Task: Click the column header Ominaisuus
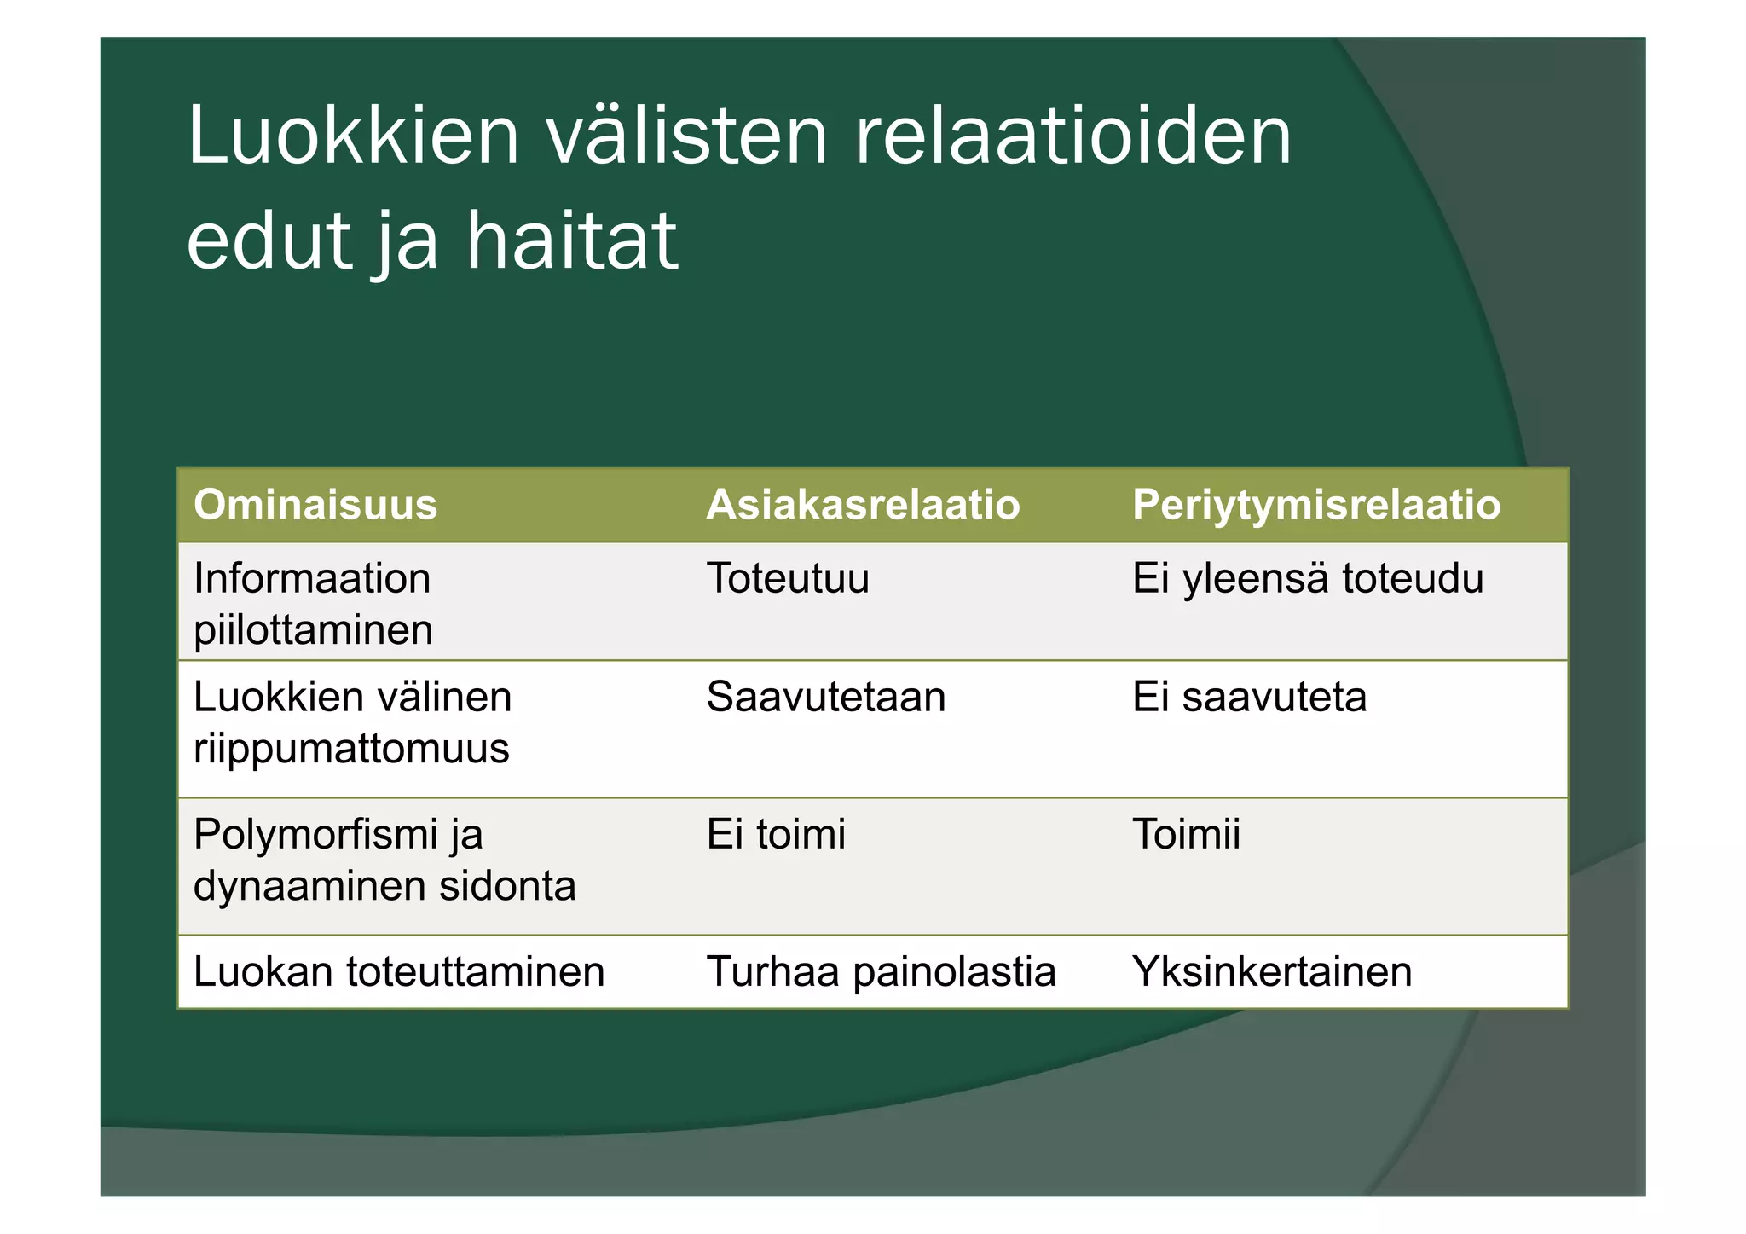(315, 505)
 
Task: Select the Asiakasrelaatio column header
(863, 505)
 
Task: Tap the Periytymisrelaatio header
(1315, 505)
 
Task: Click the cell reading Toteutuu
(788, 579)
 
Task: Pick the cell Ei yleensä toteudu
(1308, 579)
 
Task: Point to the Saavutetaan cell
(826, 698)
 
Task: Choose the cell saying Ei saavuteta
(1249, 698)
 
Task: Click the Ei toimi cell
(776, 834)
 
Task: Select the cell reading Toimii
(1186, 834)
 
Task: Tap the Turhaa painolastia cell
(881, 972)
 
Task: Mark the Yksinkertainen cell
(1272, 972)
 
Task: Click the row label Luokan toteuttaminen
(399, 972)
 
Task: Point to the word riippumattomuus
(351, 749)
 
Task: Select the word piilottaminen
(314, 631)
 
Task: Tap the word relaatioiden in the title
(1072, 136)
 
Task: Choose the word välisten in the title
(687, 136)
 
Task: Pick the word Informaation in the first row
(312, 579)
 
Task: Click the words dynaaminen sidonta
(384, 886)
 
